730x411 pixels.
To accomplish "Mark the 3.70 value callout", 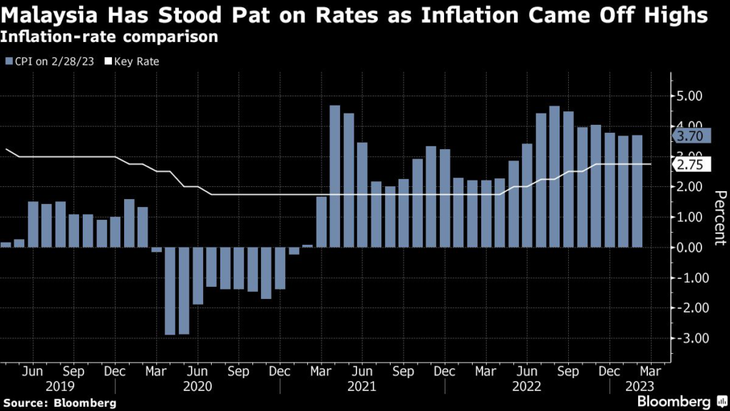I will [691, 136].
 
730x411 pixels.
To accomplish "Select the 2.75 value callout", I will [691, 165].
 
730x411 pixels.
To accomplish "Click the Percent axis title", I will [719, 218].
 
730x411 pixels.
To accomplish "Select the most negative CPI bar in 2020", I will [170, 291].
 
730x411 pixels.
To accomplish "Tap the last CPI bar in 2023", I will [637, 191].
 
